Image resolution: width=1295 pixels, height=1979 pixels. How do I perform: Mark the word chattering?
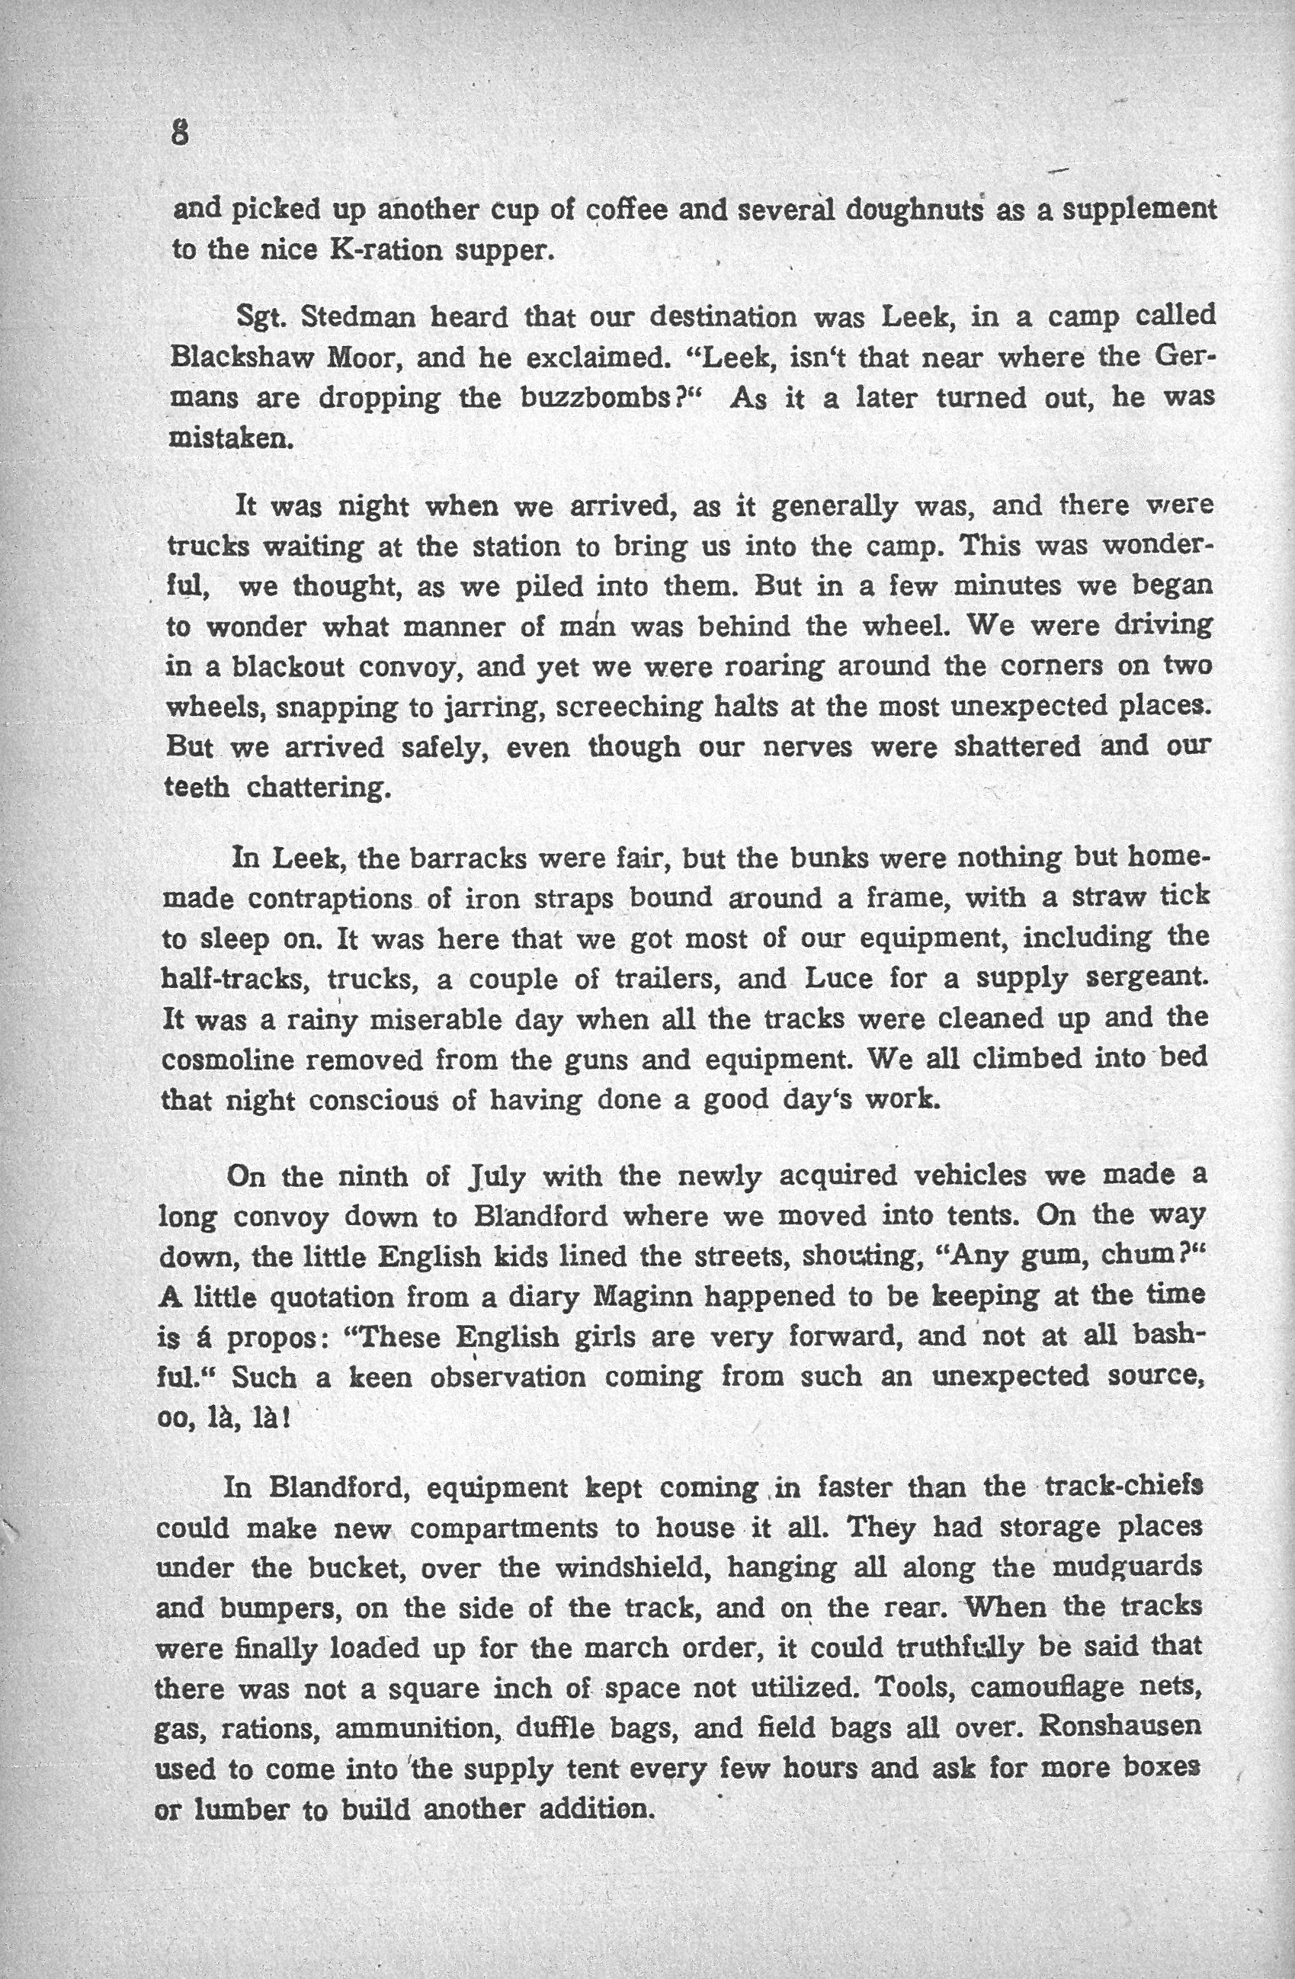coord(319,787)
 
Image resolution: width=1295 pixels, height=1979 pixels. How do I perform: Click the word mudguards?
coord(1128,1567)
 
